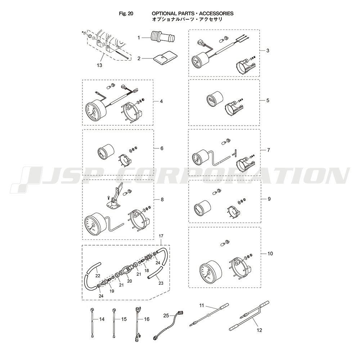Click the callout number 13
coord(99,65)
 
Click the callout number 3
coord(268,50)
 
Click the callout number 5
coord(268,100)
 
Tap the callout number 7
coord(269,150)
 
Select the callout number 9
coord(269,199)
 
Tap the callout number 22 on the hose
coord(98,275)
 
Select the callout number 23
coord(161,283)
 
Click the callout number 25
coord(166,316)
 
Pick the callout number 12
coord(259,330)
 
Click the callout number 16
coord(147,319)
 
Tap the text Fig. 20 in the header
coord(126,14)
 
